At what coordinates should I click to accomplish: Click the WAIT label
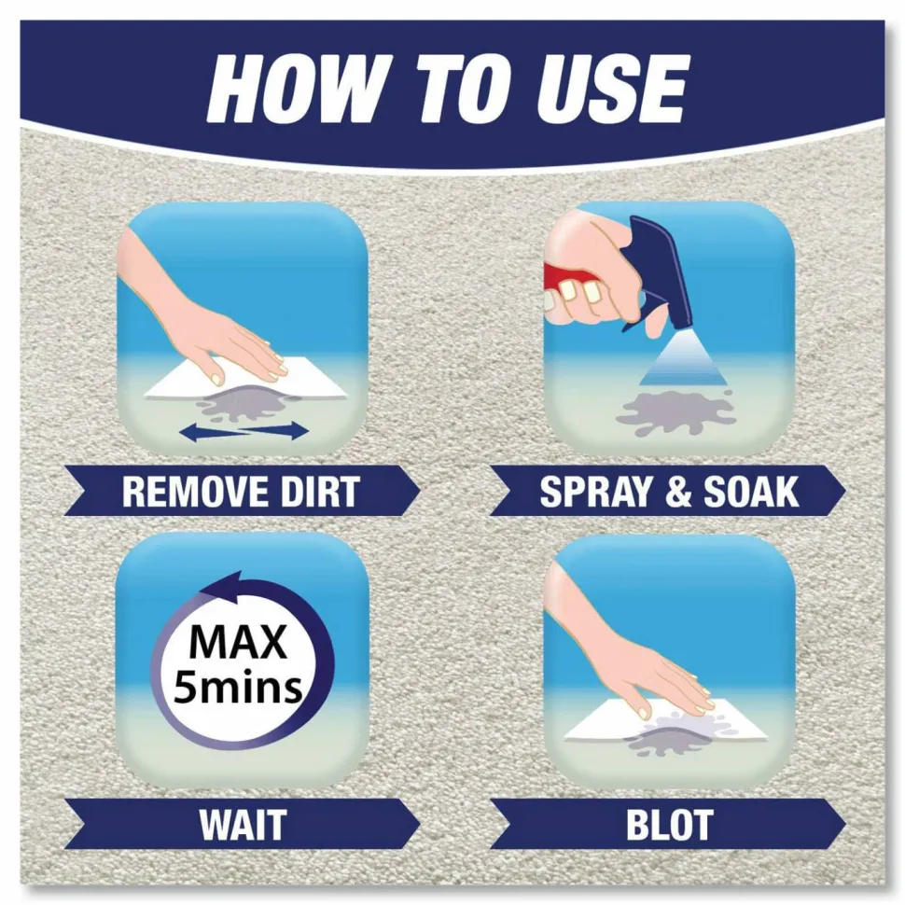(x=243, y=824)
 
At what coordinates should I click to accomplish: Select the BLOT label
(x=669, y=824)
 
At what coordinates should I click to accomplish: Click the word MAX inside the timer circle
(x=238, y=642)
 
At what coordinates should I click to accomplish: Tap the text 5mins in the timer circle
(x=238, y=687)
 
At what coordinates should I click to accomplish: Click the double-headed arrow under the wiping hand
(x=244, y=431)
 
